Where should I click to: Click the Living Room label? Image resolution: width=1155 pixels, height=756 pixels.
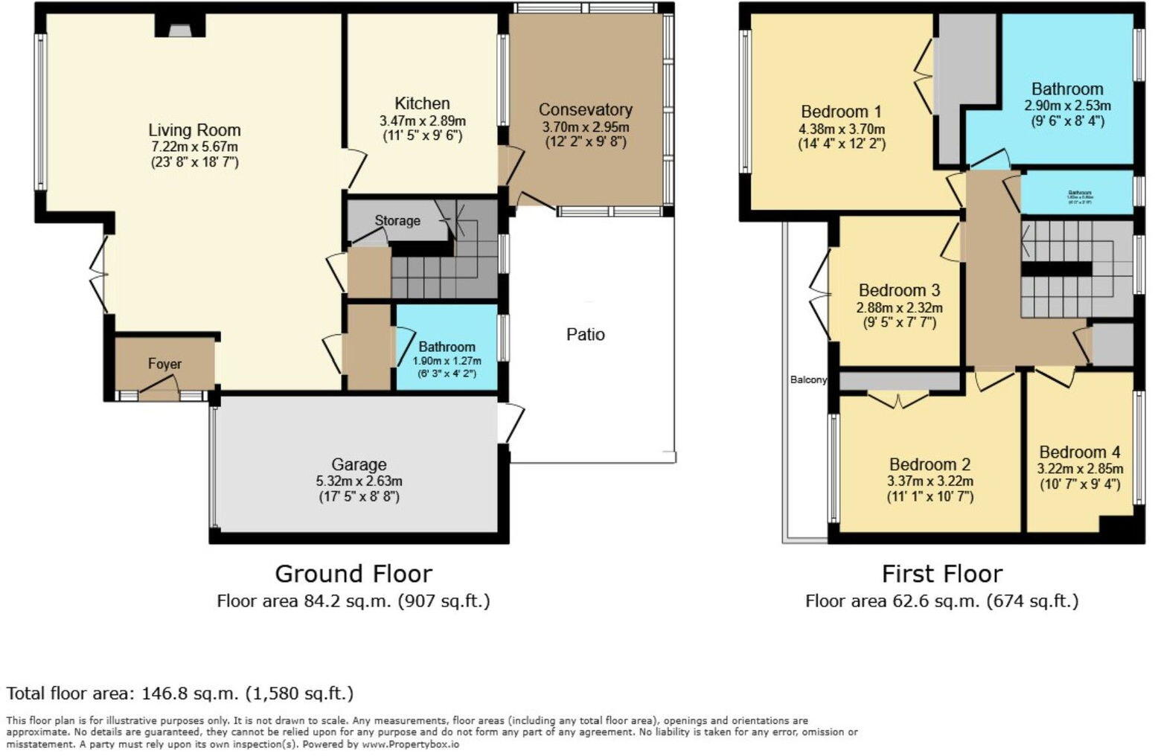(x=194, y=130)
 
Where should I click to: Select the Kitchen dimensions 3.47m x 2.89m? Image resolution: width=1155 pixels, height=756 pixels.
(x=422, y=121)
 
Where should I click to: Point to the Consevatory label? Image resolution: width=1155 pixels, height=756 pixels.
(x=586, y=110)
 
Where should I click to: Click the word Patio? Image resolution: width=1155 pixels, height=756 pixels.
(x=586, y=335)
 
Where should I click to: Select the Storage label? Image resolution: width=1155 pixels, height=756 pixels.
(x=397, y=221)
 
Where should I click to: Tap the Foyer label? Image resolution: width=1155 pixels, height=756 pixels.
(x=164, y=364)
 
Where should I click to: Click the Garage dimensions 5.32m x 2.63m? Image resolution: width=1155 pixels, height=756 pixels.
(x=359, y=481)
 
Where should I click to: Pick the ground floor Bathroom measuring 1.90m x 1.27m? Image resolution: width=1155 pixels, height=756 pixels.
(x=447, y=354)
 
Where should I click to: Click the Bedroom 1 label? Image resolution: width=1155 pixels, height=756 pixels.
(x=841, y=112)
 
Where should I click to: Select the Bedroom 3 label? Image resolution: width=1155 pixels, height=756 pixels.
(x=899, y=291)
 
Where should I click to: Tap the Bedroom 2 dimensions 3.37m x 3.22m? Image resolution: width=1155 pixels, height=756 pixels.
(x=930, y=481)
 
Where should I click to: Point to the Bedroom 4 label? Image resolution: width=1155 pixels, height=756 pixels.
(x=1080, y=452)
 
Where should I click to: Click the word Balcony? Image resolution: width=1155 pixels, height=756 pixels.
(x=808, y=380)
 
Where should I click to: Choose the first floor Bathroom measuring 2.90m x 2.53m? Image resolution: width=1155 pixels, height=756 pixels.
(x=1067, y=97)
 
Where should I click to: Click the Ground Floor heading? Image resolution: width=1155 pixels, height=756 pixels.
(x=353, y=574)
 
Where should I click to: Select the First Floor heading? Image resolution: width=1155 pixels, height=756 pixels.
(x=942, y=574)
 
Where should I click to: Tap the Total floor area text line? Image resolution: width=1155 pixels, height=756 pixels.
(x=180, y=693)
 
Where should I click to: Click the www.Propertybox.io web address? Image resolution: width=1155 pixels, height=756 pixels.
(x=410, y=744)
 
